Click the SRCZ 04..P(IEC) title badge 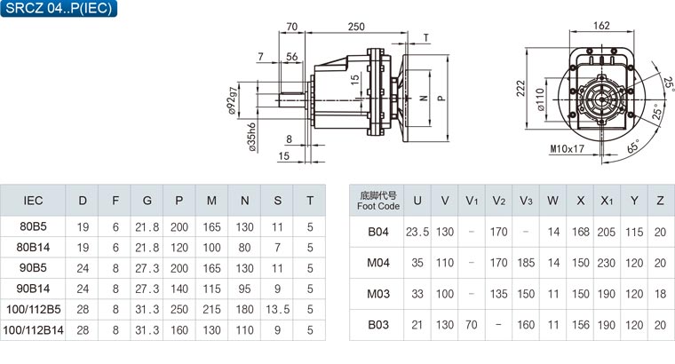[59, 8]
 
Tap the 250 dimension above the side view [356, 27]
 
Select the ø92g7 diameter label [233, 100]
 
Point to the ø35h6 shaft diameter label [252, 138]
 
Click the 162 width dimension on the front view [601, 26]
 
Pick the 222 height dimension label [520, 88]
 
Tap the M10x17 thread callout [567, 149]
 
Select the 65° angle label [633, 146]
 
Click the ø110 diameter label [541, 99]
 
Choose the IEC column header [33, 201]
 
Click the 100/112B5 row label [33, 309]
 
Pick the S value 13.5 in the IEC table [277, 309]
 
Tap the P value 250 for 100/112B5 [179, 309]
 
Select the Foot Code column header [377, 201]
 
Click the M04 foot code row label [378, 263]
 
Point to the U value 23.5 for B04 [417, 232]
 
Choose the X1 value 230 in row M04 [606, 263]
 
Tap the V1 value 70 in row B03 [472, 325]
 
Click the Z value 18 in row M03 [660, 294]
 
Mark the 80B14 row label [33, 248]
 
